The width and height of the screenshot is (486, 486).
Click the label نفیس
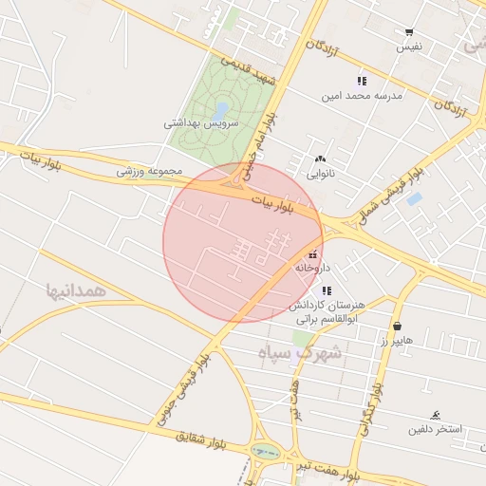[409, 47]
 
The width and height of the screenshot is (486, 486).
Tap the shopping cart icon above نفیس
[409, 32]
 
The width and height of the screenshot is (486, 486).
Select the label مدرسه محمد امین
[363, 96]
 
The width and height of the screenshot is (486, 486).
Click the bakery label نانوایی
[320, 174]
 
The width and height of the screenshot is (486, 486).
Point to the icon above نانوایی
[320, 159]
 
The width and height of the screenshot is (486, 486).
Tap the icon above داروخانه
[313, 254]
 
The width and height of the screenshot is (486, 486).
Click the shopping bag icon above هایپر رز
[396, 326]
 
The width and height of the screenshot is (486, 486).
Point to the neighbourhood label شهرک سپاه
[298, 353]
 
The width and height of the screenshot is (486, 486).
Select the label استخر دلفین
[435, 429]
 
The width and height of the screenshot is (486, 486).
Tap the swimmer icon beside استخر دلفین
[436, 415]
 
